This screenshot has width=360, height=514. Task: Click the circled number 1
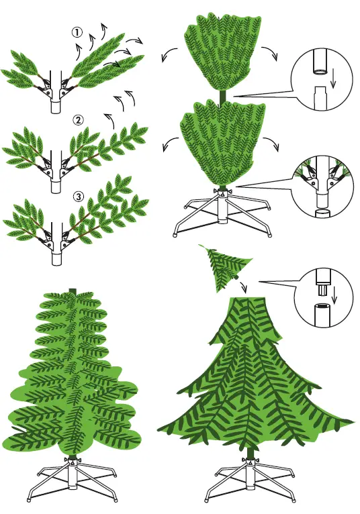pyautogui.click(x=78, y=32)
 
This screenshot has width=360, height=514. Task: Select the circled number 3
pyautogui.click(x=79, y=197)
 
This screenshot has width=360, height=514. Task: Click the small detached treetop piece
pyautogui.click(x=222, y=269)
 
